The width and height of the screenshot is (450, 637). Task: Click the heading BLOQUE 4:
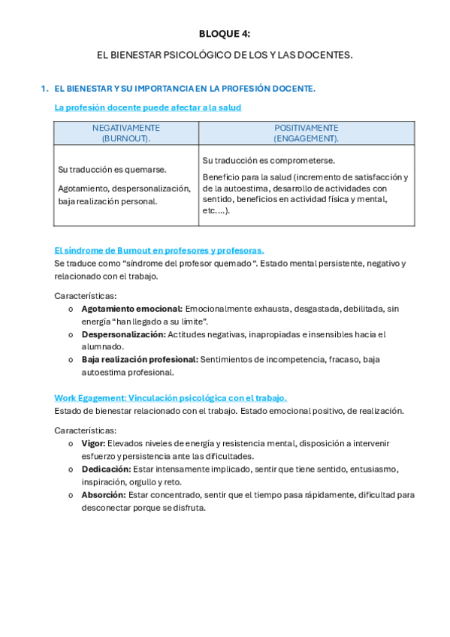[x=225, y=34]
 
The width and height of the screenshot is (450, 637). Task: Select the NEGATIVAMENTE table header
[x=125, y=128]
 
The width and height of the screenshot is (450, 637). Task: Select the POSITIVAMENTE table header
[x=306, y=128]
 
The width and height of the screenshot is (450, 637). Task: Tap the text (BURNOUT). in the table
[x=125, y=138]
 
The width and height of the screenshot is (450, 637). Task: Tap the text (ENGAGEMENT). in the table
[x=306, y=138]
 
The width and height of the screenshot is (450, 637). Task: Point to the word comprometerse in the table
[x=303, y=161]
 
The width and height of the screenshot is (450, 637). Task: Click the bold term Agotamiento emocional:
[x=131, y=309]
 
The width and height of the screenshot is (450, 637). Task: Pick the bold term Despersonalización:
[x=123, y=334]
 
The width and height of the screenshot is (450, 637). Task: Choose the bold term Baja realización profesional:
[x=140, y=359]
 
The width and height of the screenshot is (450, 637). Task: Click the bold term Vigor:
[x=92, y=444]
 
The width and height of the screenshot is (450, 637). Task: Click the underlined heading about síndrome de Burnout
[x=159, y=251]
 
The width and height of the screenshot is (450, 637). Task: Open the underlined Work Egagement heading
[x=171, y=398]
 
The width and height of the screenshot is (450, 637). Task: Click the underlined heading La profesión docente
[x=147, y=107]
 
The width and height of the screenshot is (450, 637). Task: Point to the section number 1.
[x=44, y=89]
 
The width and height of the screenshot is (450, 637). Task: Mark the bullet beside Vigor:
[x=71, y=444]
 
